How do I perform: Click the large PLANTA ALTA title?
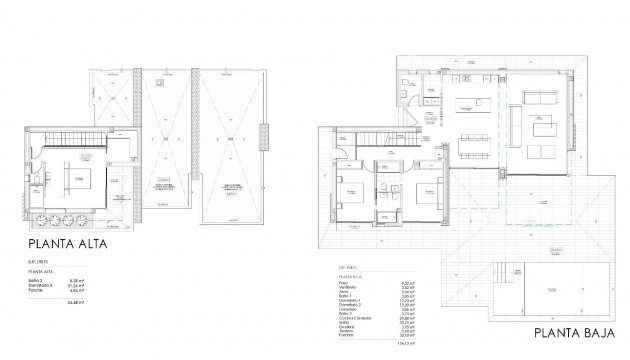pyautogui.click(x=66, y=243)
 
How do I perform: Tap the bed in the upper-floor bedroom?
pyautogui.click(x=79, y=179)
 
